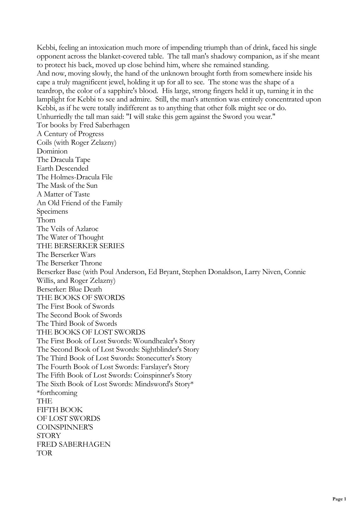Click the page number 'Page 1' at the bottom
(x=339, y=499)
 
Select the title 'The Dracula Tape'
(x=64, y=160)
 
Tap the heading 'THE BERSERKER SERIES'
(x=80, y=246)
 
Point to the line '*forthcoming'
(x=57, y=393)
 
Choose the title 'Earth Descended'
(x=62, y=169)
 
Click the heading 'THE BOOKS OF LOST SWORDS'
(x=91, y=332)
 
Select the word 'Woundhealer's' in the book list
(x=154, y=341)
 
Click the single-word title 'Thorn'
(x=46, y=220)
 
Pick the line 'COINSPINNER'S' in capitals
(x=65, y=427)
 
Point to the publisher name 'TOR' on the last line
(x=44, y=453)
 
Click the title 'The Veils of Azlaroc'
(x=68, y=229)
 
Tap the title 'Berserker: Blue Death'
(x=69, y=289)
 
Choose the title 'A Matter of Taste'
(x=63, y=194)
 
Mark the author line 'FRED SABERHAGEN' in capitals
(x=73, y=444)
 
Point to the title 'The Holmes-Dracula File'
(x=75, y=177)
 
